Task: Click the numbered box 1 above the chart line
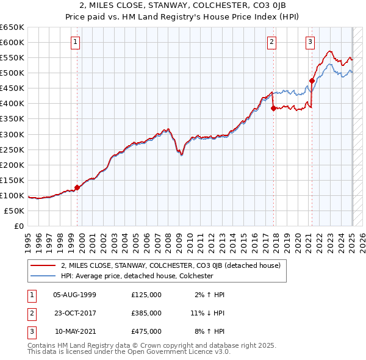[x=75, y=42]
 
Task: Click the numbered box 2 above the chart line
[x=271, y=42]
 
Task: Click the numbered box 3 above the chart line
[x=310, y=42]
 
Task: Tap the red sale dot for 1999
[x=77, y=188]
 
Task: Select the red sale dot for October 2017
[x=273, y=108]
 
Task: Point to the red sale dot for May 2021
[x=312, y=81]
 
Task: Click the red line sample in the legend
[x=43, y=266]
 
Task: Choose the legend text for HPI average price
[x=137, y=276]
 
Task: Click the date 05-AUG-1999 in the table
[x=75, y=295]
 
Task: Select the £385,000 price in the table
[x=146, y=313]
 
